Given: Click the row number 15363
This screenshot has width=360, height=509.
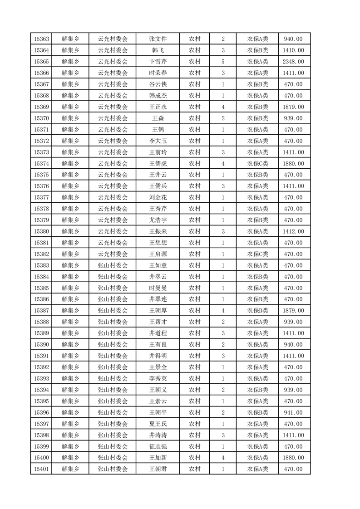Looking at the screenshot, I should click(41, 39).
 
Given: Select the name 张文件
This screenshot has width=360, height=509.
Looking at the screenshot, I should click(158, 39).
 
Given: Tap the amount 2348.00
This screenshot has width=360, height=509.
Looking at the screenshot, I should click(293, 62).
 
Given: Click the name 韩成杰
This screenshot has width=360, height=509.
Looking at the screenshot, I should click(158, 96).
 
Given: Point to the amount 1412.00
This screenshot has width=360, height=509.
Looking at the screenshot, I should click(293, 231).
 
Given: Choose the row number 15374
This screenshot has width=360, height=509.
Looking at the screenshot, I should click(41, 163).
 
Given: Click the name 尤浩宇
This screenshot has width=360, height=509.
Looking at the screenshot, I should click(158, 220).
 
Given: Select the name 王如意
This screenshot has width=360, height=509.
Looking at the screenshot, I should click(158, 265).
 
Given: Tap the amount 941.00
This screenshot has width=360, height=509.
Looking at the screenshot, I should click(293, 412).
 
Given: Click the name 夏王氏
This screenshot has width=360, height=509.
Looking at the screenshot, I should click(158, 424).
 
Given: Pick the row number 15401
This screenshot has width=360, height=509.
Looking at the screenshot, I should click(41, 469).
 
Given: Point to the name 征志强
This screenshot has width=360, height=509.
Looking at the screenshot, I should click(158, 446).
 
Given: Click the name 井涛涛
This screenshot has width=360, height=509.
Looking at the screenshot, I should click(158, 435).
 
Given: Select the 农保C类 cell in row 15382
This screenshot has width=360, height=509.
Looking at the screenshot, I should click(257, 254).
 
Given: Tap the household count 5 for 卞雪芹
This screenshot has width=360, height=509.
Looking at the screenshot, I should click(223, 62).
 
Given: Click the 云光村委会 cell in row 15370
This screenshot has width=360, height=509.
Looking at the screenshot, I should click(113, 118).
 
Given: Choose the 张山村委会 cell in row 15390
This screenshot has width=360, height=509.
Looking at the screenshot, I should click(113, 345).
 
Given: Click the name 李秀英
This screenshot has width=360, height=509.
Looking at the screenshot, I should click(158, 378).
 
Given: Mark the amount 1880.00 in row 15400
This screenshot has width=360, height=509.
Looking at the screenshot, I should click(293, 458).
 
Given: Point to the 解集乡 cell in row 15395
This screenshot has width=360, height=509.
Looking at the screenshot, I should click(70, 401).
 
